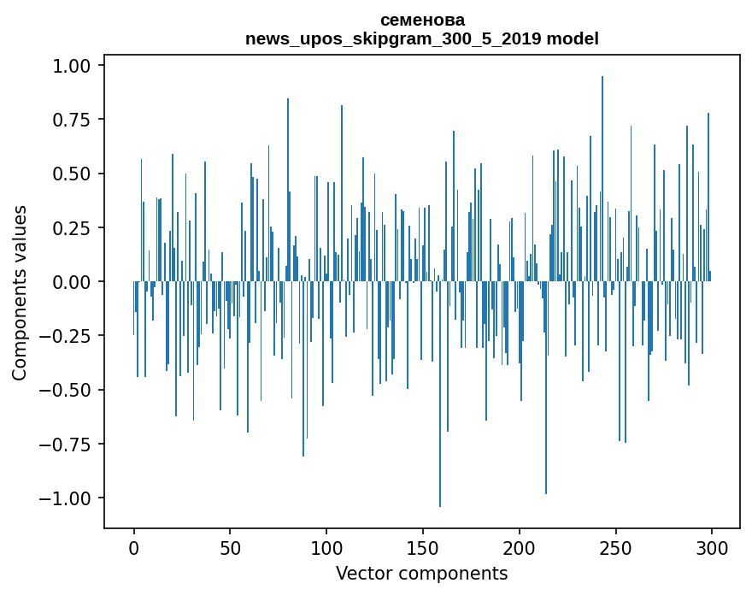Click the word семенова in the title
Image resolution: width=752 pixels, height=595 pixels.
click(x=422, y=21)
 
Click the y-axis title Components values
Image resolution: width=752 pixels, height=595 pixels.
click(x=20, y=292)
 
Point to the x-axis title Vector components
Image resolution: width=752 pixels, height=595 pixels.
click(x=421, y=574)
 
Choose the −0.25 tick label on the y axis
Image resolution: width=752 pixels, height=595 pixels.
click(x=67, y=336)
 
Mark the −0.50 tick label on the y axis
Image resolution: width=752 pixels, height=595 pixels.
click(x=67, y=390)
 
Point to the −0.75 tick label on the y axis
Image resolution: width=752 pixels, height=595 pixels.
click(x=67, y=444)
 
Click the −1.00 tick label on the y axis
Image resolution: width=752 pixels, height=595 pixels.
click(x=67, y=498)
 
